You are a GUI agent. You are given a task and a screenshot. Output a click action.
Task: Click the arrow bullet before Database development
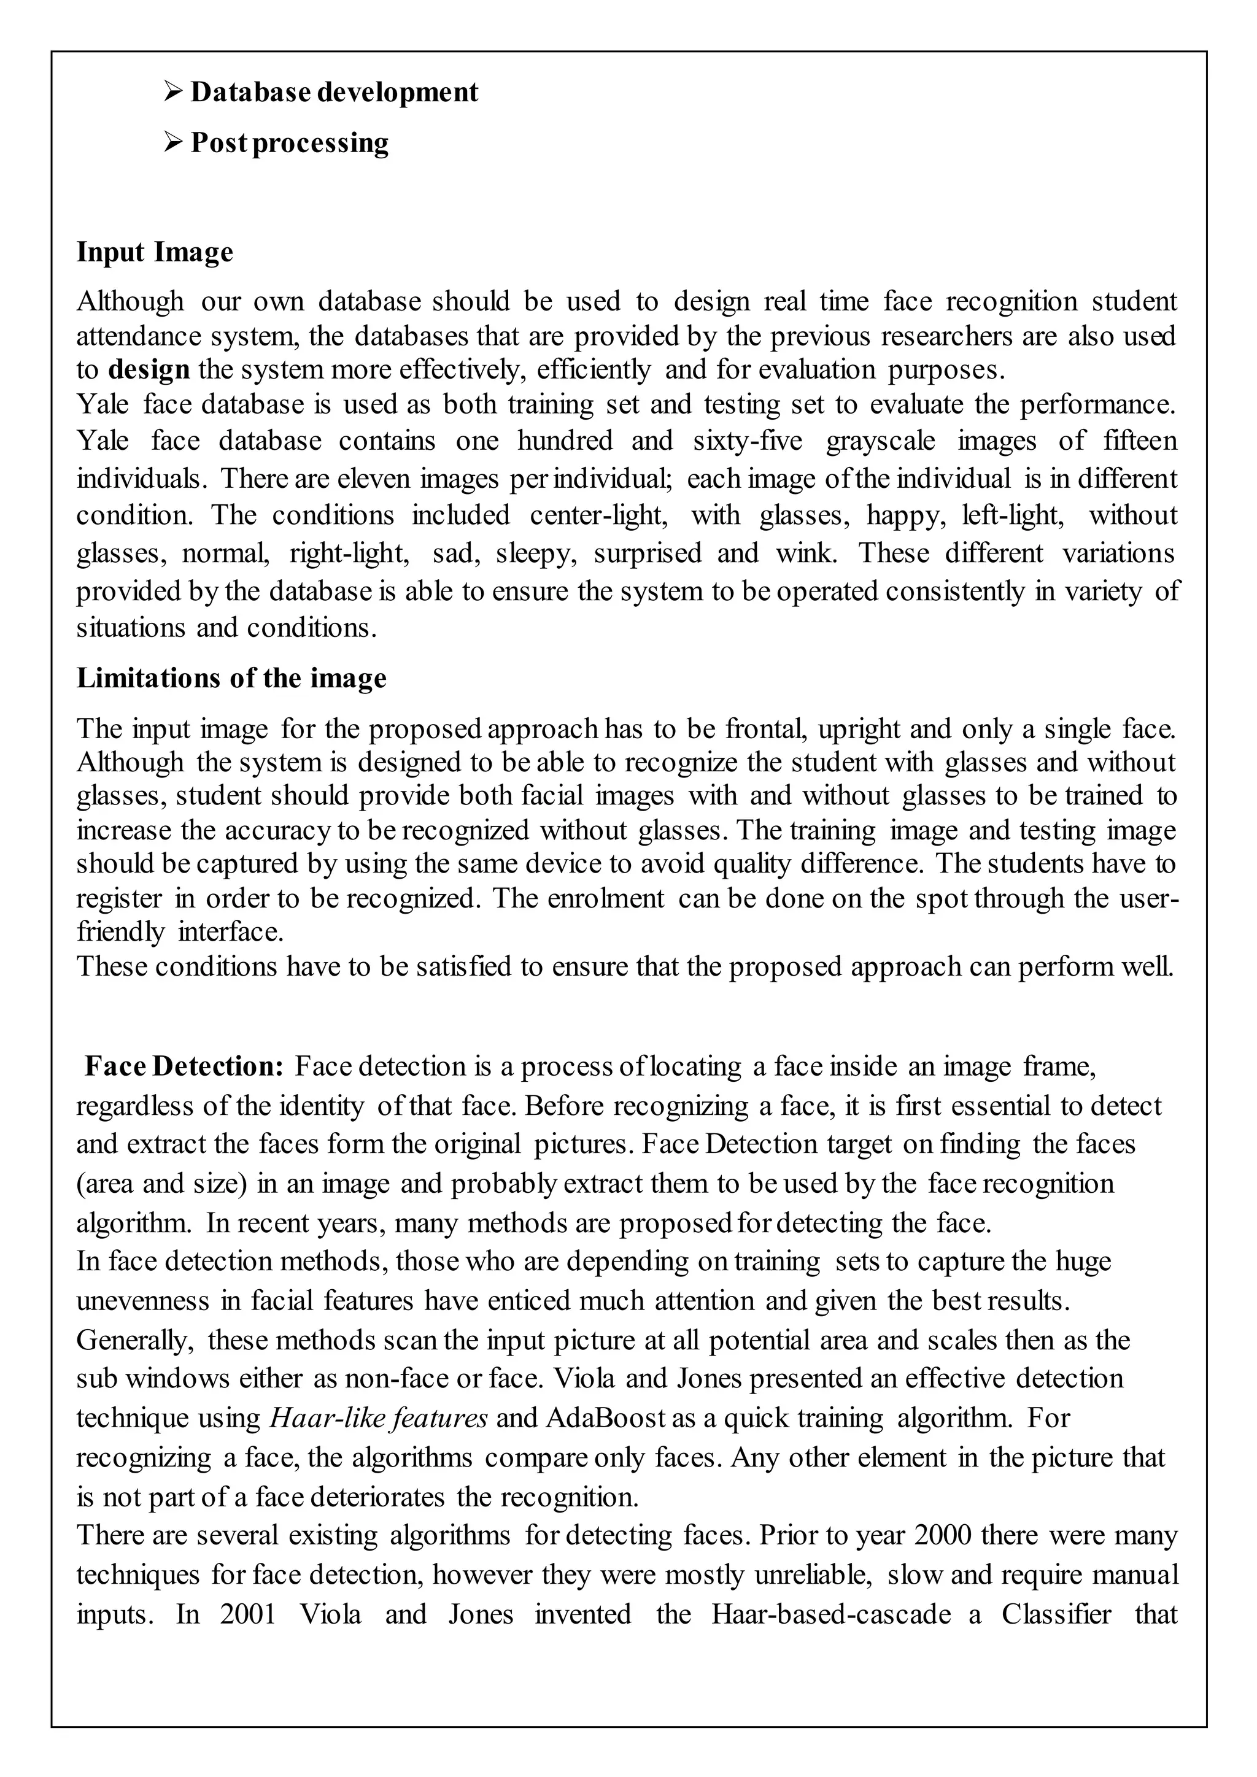[172, 92]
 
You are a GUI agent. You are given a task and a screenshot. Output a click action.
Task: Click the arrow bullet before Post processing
[172, 142]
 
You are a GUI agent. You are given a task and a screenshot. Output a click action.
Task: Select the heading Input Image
[155, 252]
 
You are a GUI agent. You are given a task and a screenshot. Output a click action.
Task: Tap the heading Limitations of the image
[231, 678]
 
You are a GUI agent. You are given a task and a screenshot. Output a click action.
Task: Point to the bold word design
[149, 369]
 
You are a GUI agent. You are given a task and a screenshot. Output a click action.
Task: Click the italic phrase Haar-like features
[379, 1418]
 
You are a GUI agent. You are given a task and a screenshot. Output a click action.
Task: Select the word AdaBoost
[605, 1418]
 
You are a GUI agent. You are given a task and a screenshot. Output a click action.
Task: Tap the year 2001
[249, 1614]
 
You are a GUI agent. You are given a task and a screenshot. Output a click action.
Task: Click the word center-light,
[600, 515]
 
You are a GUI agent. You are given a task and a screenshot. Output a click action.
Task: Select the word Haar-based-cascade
[830, 1614]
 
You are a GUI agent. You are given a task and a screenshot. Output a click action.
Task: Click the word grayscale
[880, 441]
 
